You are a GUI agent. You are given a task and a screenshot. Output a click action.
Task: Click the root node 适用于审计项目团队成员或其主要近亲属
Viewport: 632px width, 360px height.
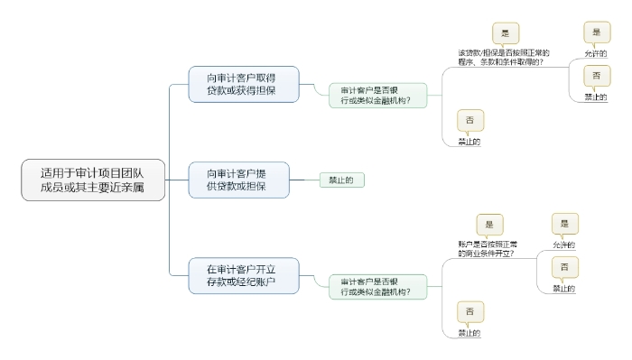pyautogui.click(x=93, y=180)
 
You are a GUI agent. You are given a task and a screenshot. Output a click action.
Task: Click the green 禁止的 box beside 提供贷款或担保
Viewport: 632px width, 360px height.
pyautogui.click(x=341, y=180)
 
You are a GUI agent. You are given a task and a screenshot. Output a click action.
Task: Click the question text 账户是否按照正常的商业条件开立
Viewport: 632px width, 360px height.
pyautogui.click(x=488, y=248)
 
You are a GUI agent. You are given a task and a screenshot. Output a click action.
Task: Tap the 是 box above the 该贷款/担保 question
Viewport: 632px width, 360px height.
pyautogui.click(x=505, y=33)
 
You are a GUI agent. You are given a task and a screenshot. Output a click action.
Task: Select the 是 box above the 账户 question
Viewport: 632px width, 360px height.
pyautogui.click(x=489, y=225)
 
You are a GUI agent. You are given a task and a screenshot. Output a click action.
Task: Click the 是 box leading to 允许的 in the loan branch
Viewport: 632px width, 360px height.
pyautogui.click(x=596, y=32)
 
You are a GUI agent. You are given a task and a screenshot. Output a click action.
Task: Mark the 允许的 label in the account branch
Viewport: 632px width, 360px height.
pyautogui.click(x=564, y=245)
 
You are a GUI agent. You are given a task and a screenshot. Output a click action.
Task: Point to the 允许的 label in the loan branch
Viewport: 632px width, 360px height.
pyautogui.click(x=596, y=53)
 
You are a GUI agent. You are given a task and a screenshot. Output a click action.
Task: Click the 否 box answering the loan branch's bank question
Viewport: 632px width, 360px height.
pyautogui.click(x=469, y=120)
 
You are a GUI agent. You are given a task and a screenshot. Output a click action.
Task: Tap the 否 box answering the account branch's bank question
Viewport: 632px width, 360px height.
pyautogui.click(x=469, y=311)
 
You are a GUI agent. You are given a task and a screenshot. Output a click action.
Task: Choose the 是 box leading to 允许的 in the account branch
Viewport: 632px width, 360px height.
pyautogui.click(x=565, y=224)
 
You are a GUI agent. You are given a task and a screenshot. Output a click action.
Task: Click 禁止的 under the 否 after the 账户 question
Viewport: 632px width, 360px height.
pyautogui.click(x=564, y=289)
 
